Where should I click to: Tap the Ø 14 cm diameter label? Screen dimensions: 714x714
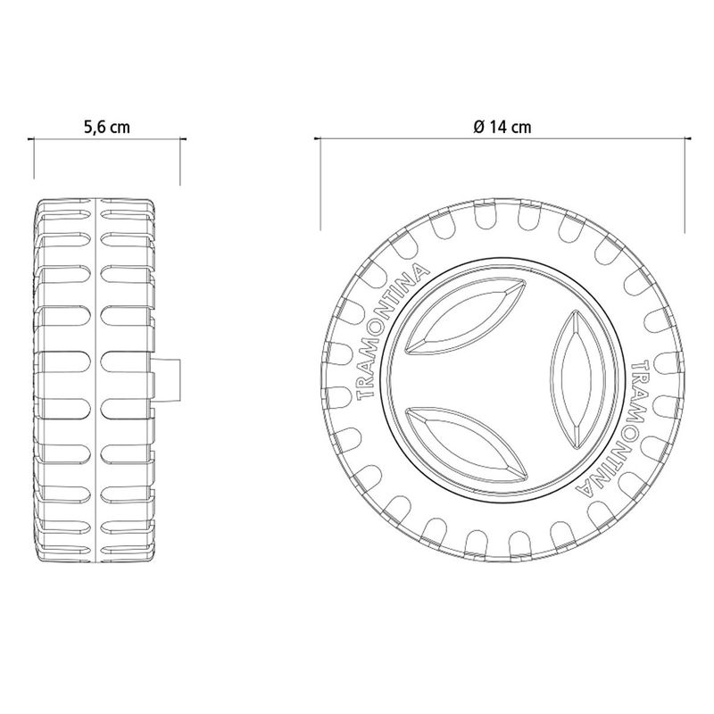[503, 127]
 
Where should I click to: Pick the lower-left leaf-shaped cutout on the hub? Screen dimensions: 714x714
[465, 443]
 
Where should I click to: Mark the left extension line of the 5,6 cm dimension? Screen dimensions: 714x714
[33, 161]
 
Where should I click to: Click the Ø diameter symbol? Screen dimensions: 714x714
[479, 127]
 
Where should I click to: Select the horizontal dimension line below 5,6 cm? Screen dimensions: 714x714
[107, 139]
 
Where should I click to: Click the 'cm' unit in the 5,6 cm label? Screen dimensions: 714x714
[120, 127]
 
